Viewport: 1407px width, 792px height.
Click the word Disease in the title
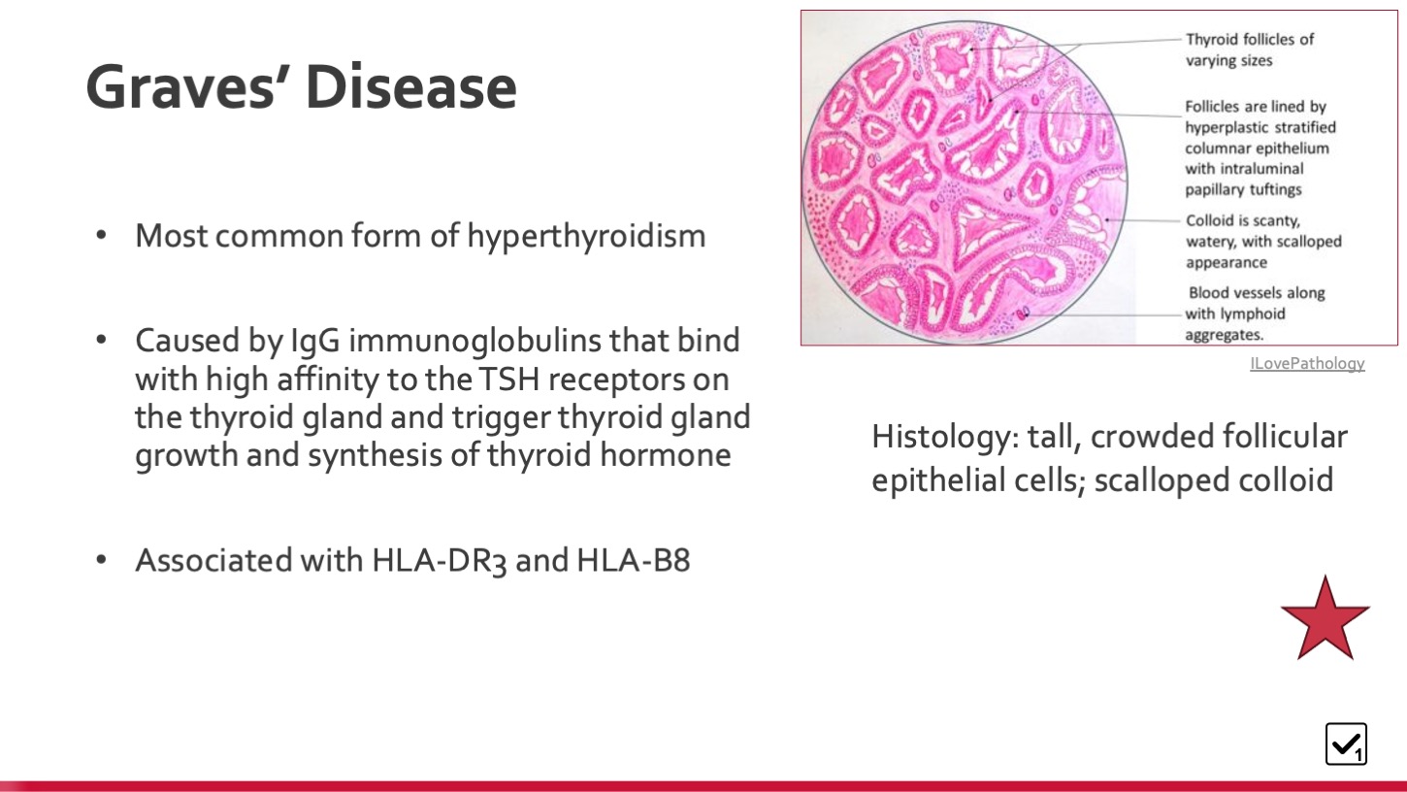pos(411,86)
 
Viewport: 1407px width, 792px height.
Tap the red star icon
pos(1325,618)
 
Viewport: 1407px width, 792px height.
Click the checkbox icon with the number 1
pos(1346,743)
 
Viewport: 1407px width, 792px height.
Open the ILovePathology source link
pos(1307,363)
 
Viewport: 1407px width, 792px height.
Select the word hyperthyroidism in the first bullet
pos(586,237)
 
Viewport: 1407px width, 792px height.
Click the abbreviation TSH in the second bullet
pos(508,379)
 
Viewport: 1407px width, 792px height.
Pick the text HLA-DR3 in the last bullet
pos(439,560)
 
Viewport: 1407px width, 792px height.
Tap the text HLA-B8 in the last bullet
pos(633,560)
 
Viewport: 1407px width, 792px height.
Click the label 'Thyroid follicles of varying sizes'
pos(1250,49)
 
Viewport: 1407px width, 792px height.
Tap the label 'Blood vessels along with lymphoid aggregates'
pos(1255,313)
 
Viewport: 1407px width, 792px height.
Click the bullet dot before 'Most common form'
pos(101,236)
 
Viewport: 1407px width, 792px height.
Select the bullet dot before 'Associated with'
pos(101,560)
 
